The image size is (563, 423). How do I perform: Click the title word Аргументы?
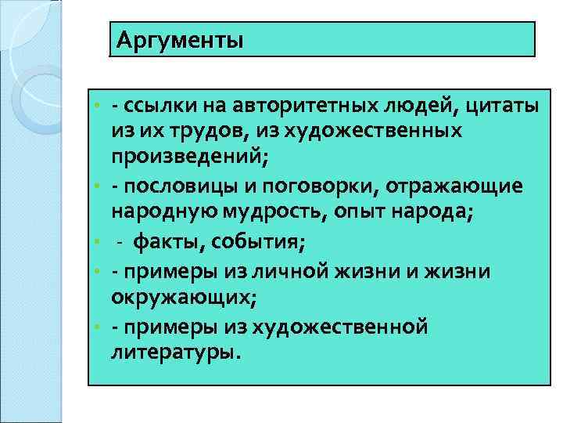coord(180,39)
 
